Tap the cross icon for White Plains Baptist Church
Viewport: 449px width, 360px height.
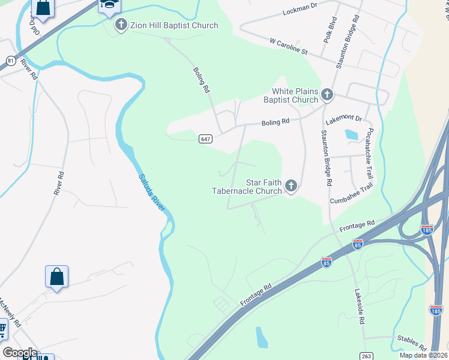327,94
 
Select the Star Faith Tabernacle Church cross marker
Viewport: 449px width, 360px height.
291,186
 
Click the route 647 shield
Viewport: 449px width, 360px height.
205,139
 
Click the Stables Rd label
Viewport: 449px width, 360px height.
411,343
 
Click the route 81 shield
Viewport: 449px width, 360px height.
11,61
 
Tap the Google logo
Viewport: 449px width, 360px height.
20,353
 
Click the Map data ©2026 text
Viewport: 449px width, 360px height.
423,355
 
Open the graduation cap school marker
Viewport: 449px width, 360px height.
109,5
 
